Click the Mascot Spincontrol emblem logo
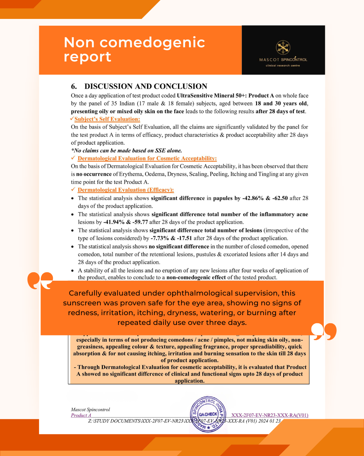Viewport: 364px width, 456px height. [283, 48]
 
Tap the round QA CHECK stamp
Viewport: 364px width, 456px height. [208, 414]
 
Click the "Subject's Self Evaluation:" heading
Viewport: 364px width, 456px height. [107, 119]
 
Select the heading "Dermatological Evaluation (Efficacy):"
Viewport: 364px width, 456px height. [126, 190]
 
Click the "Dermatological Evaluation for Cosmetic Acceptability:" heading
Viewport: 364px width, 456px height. [147, 158]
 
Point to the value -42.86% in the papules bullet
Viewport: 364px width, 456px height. [253, 198]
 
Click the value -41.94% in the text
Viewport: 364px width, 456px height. [114, 222]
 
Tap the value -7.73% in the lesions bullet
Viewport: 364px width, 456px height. [159, 238]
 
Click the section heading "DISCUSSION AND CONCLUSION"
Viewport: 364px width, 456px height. [146, 86]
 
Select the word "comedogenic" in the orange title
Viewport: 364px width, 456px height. [152, 43]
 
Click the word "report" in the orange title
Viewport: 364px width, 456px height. [87, 57]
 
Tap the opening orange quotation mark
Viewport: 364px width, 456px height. [40, 280]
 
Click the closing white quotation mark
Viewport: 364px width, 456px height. [324, 331]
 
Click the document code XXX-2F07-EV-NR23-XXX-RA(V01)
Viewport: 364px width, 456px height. [270, 415]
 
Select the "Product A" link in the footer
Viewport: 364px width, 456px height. [81, 415]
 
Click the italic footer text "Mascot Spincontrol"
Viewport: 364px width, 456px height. [90, 410]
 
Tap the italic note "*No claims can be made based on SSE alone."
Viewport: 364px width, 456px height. [126, 151]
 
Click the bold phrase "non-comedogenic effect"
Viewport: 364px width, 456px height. [196, 278]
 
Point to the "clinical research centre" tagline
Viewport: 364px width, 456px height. [283, 66]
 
